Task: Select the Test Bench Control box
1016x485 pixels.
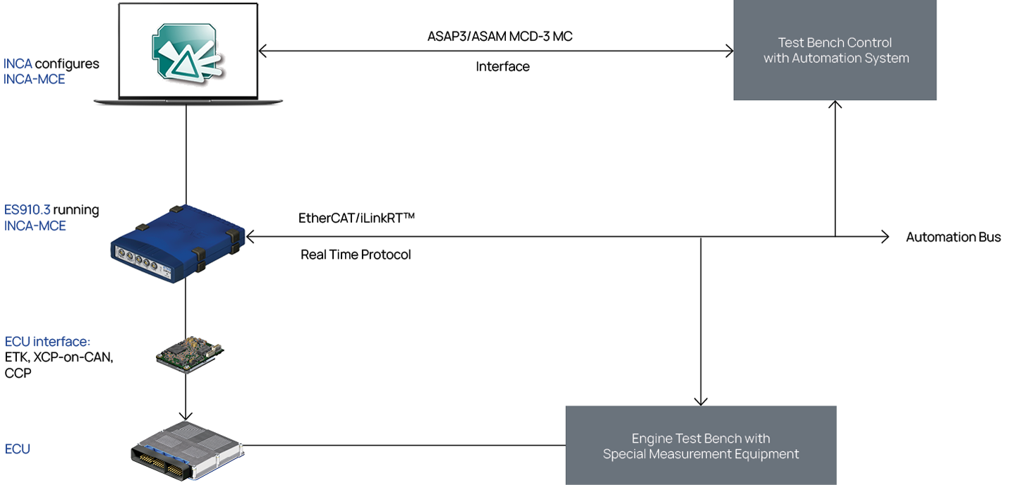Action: coord(835,50)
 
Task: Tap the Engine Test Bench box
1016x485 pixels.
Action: coord(701,445)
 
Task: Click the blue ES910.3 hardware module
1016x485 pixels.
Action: coord(178,243)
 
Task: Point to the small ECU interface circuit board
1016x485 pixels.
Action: coord(190,355)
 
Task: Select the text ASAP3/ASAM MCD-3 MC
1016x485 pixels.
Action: coord(500,36)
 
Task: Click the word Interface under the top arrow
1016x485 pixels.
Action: coord(502,67)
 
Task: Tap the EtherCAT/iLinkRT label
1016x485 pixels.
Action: coord(356,218)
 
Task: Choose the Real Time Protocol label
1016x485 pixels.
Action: coord(356,254)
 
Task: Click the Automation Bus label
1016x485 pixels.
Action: coord(953,237)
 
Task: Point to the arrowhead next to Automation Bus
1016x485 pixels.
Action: coord(885,237)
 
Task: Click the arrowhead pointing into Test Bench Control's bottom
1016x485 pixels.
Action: coord(835,104)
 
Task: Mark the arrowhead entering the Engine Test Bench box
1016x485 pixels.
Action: coord(701,401)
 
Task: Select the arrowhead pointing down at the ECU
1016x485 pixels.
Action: coord(186,416)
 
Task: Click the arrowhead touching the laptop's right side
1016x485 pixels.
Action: coord(262,51)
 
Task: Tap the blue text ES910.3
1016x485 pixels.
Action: coord(28,210)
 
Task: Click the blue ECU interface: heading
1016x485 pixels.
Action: coord(48,341)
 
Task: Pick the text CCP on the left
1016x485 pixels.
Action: coord(18,373)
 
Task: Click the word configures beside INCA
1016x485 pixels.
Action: coord(67,64)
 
